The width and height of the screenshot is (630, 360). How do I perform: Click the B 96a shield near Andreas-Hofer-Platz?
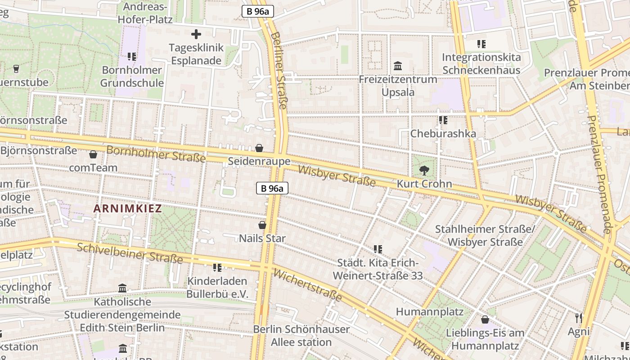click(x=258, y=11)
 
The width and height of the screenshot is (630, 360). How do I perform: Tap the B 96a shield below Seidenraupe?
click(x=272, y=188)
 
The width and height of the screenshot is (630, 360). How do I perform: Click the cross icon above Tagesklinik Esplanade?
click(x=196, y=34)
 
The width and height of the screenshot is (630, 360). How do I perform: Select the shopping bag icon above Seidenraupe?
click(x=259, y=148)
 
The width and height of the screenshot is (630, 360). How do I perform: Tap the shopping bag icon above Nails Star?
click(x=262, y=225)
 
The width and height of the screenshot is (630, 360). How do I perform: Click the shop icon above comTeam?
click(x=93, y=155)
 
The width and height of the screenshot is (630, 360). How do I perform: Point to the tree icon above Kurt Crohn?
click(x=424, y=171)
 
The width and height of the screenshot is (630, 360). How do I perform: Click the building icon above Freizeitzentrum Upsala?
click(x=398, y=66)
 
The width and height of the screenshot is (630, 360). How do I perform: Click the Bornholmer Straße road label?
click(x=156, y=154)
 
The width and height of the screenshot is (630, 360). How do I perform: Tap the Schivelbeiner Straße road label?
click(x=130, y=253)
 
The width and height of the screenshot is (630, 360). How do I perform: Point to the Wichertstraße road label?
click(x=307, y=285)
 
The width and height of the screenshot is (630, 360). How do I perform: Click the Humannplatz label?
click(x=429, y=311)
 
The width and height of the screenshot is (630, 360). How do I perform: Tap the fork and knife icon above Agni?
click(x=579, y=318)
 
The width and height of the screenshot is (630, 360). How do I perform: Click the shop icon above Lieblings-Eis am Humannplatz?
click(x=485, y=320)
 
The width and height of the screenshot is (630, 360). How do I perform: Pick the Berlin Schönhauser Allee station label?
click(x=301, y=335)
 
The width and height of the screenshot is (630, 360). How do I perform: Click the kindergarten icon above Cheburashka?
click(x=443, y=121)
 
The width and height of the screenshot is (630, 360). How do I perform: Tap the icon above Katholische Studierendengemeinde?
click(x=122, y=288)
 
